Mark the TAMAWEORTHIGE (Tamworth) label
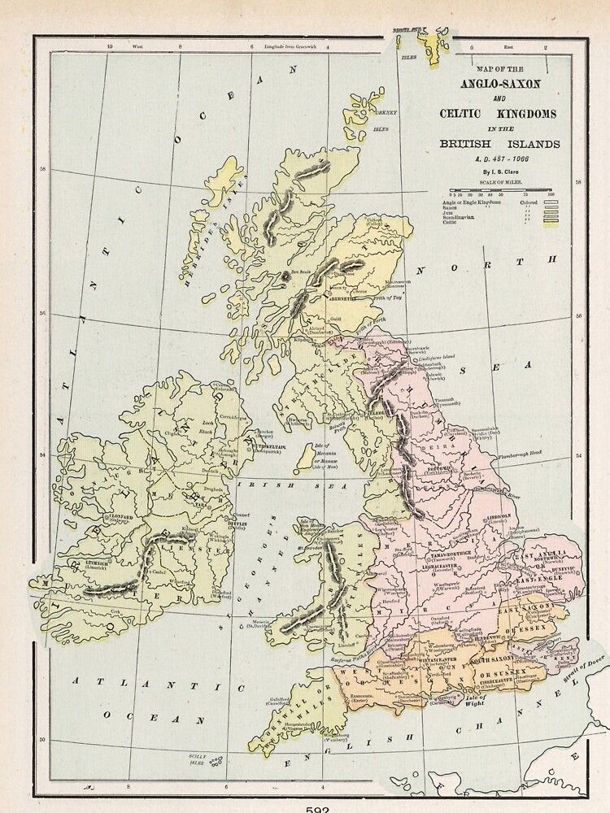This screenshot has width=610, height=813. [x=449, y=554]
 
